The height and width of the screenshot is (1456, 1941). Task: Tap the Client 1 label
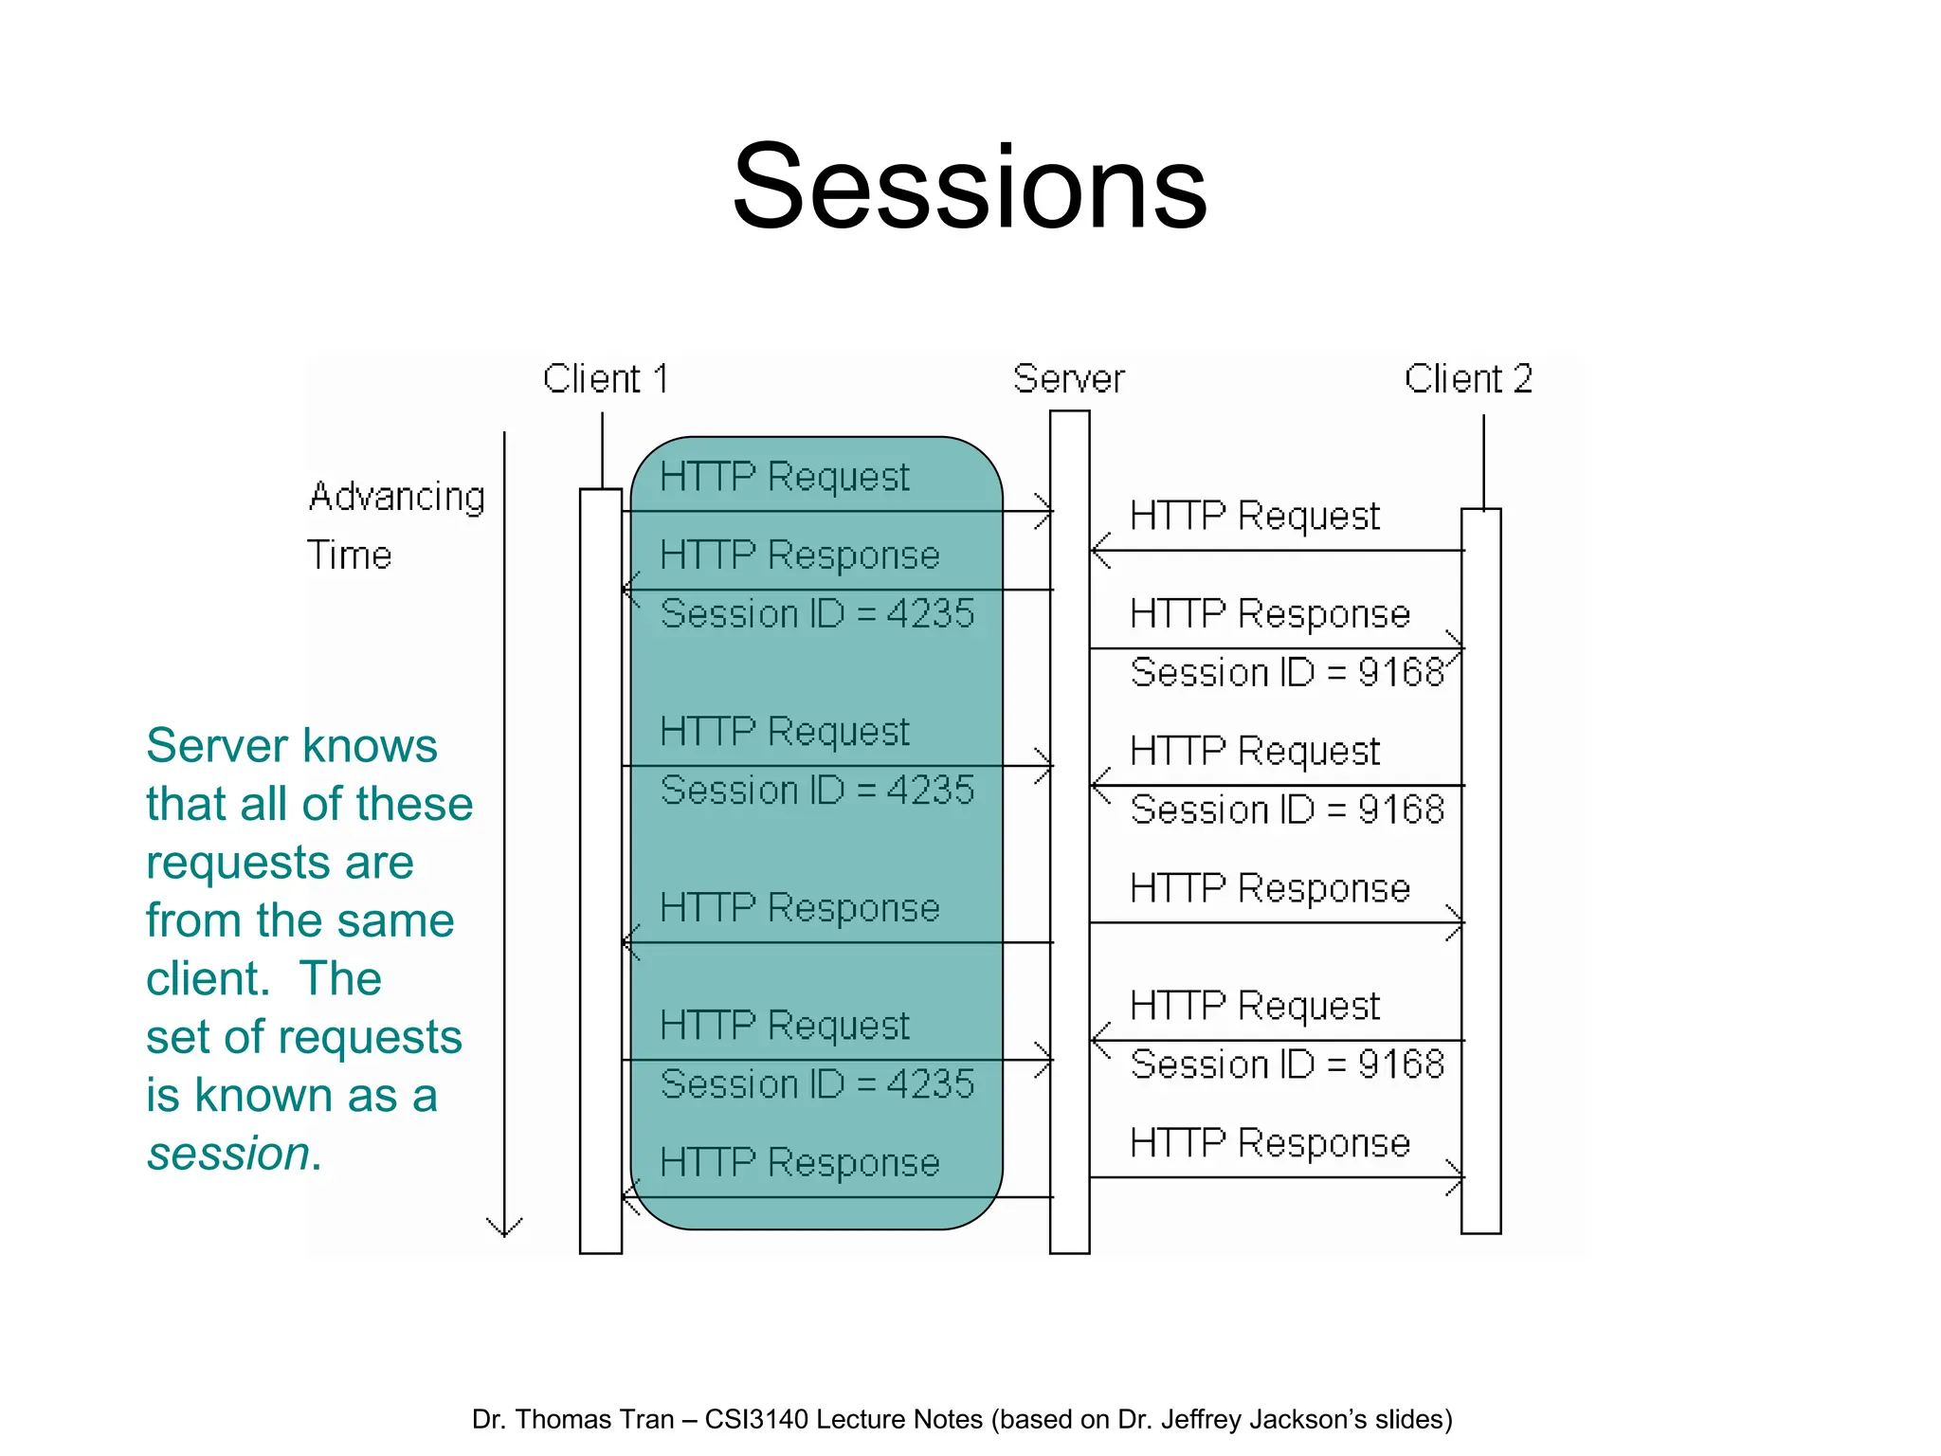point(606,379)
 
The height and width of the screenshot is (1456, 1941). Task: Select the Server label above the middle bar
point(1068,379)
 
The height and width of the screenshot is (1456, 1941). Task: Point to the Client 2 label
point(1468,379)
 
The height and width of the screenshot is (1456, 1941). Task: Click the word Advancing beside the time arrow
point(397,497)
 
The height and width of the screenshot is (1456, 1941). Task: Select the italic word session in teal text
point(228,1154)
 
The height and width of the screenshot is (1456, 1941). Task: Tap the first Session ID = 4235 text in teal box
point(817,613)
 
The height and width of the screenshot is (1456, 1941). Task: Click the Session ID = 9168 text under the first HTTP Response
point(1287,672)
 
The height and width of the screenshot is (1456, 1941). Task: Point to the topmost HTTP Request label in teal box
point(785,477)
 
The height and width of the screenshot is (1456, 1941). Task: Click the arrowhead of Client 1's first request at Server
point(1045,512)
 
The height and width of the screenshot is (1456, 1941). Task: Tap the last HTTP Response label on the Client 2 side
point(1270,1143)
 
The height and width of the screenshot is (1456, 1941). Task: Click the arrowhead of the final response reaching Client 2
point(1457,1177)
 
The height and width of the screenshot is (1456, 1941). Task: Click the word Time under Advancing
point(349,555)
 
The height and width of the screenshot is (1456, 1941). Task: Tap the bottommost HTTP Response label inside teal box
point(800,1162)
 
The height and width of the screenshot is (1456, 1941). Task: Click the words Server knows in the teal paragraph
point(292,745)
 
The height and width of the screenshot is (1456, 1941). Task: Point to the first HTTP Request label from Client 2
point(1255,517)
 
